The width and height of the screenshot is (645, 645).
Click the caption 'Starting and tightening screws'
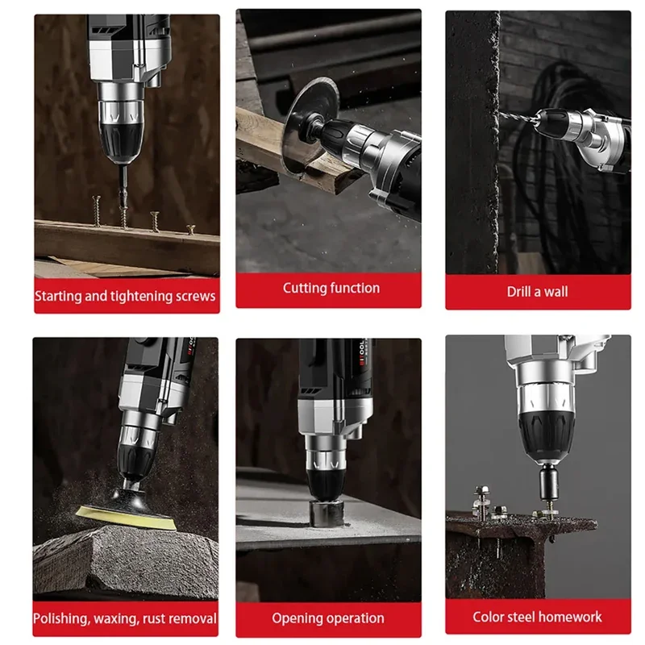[125, 296]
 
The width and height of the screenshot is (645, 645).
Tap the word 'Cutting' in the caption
[306, 288]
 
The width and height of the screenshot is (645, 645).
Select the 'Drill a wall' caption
[537, 292]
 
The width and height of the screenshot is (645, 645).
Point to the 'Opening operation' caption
[327, 618]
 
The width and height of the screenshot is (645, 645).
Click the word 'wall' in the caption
[555, 292]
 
